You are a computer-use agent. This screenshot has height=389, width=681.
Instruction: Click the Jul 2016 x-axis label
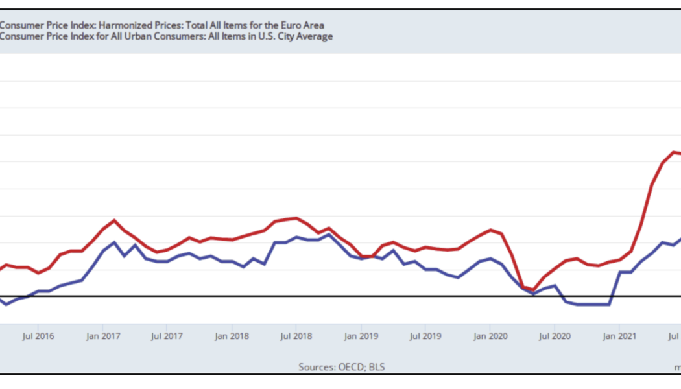(38, 336)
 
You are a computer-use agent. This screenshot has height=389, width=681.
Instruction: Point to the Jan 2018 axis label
(232, 336)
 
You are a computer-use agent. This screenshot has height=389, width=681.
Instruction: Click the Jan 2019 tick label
(361, 336)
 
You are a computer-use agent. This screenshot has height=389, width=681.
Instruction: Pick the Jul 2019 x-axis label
(426, 336)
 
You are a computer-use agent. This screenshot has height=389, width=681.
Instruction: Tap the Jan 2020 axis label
(490, 336)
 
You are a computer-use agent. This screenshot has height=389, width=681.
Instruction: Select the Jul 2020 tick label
(555, 336)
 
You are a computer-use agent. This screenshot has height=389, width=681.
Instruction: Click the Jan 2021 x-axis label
(619, 336)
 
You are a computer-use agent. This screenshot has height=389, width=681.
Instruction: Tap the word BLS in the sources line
(377, 367)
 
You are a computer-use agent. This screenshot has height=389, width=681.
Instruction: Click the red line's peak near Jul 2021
(673, 152)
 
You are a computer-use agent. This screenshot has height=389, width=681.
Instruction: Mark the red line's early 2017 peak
(115, 220)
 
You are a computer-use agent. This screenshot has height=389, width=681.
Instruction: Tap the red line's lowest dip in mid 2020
(533, 290)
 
